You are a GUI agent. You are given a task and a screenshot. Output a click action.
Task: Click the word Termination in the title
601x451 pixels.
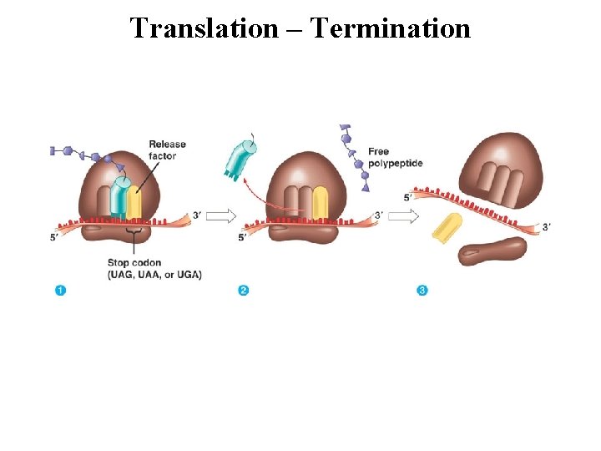pyautogui.click(x=391, y=28)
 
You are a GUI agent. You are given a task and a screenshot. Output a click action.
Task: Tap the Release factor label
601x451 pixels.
pyautogui.click(x=167, y=149)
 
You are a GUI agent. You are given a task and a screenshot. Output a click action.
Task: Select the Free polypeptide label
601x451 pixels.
pyautogui.click(x=395, y=157)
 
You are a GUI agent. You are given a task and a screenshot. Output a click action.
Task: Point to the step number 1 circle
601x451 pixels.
pyautogui.click(x=60, y=290)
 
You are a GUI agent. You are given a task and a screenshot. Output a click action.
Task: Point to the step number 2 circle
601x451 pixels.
pyautogui.click(x=243, y=290)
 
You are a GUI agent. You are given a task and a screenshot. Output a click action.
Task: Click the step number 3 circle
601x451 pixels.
pyautogui.click(x=422, y=290)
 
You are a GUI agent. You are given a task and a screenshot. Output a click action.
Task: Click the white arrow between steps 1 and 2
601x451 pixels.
pyautogui.click(x=220, y=216)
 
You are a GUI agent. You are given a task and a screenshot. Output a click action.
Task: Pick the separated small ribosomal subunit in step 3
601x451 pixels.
pyautogui.click(x=492, y=251)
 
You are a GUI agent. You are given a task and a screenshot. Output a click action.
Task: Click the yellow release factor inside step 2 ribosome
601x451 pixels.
pyautogui.click(x=320, y=204)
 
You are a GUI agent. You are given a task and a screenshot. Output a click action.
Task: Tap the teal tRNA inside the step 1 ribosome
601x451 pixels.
pyautogui.click(x=121, y=196)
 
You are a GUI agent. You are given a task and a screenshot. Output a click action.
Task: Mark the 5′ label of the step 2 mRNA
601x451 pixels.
pyautogui.click(x=242, y=237)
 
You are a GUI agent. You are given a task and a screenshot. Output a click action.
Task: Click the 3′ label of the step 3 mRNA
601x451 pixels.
pyautogui.click(x=547, y=226)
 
